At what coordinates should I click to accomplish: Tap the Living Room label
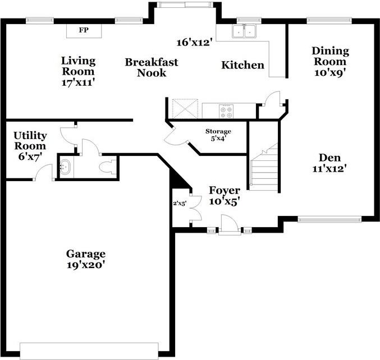[78, 71]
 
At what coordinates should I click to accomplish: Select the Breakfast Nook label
[151, 67]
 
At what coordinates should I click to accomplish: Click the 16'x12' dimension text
[194, 42]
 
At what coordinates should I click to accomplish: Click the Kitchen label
[242, 65]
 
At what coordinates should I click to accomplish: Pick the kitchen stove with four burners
[226, 111]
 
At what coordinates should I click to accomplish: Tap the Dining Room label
[329, 61]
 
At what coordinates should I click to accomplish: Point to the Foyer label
[224, 196]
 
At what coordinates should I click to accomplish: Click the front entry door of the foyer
[228, 227]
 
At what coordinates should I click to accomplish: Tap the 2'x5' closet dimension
[180, 204]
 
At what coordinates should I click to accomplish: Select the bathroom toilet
[107, 167]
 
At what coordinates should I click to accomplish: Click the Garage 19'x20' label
[85, 259]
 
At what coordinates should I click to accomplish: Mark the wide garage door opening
[90, 350]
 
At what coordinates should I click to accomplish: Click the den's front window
[329, 220]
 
